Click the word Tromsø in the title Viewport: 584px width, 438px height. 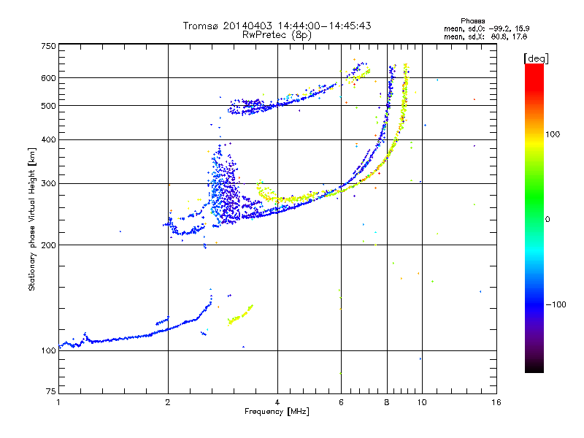pyautogui.click(x=201, y=26)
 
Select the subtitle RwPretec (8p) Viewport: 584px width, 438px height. pyautogui.click(x=277, y=34)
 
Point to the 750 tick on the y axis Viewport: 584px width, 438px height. pyautogui.click(x=49, y=46)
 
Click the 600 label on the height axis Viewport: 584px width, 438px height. pyautogui.click(x=49, y=77)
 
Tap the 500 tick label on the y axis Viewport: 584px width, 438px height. pyautogui.click(x=49, y=105)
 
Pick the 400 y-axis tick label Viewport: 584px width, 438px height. pyautogui.click(x=49, y=139)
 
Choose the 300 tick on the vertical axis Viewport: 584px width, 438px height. pyautogui.click(x=49, y=183)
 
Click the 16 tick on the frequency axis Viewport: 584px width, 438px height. pyautogui.click(x=496, y=402)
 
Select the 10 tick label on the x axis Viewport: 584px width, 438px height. pyautogui.click(x=421, y=402)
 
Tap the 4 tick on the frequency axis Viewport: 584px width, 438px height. pyautogui.click(x=277, y=402)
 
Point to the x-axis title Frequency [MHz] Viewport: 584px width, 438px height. pyautogui.click(x=277, y=412)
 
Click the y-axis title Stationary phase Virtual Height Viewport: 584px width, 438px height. pyautogui.click(x=32, y=219)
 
